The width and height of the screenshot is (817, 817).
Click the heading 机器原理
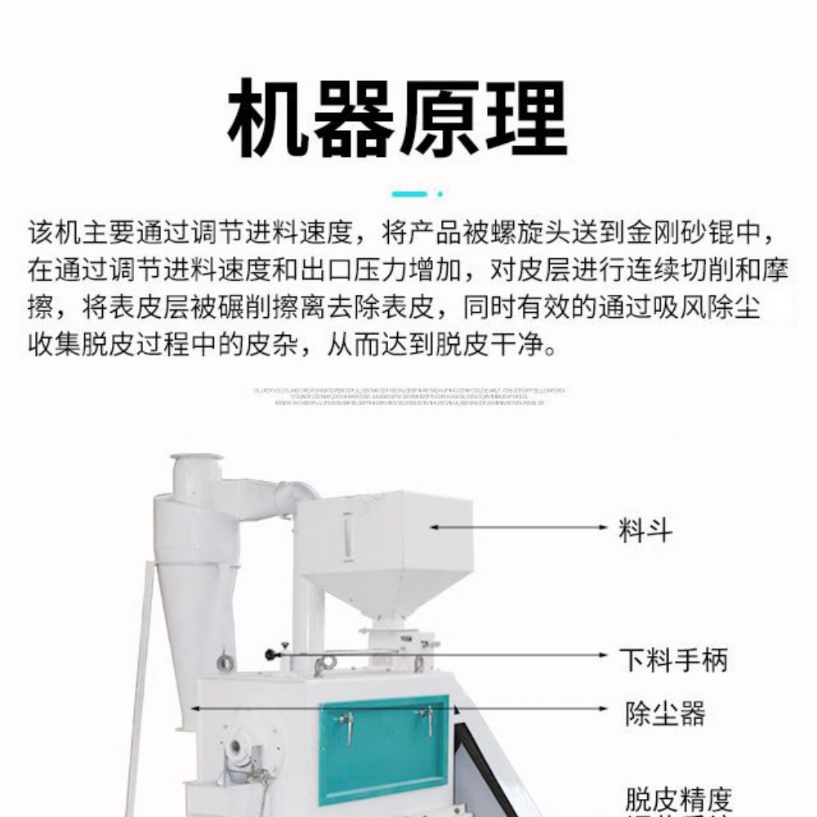point(397,120)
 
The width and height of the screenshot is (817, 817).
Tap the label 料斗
point(645,529)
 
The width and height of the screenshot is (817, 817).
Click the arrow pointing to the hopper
point(523,528)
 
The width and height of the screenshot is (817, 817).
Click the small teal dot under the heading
point(440,194)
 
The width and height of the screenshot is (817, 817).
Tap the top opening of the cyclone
point(196,459)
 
